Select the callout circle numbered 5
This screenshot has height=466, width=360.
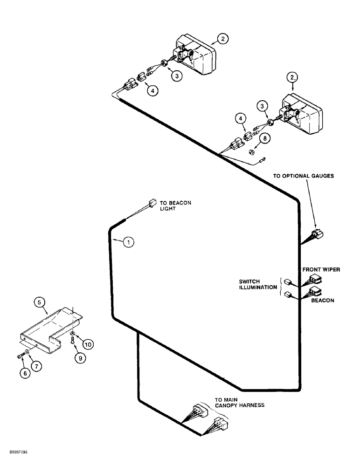pyautogui.click(x=41, y=303)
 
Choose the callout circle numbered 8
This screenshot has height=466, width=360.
pyautogui.click(x=265, y=139)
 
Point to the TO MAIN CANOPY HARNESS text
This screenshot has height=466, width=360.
pyautogui.click(x=239, y=402)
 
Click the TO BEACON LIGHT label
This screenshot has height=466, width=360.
pyautogui.click(x=175, y=206)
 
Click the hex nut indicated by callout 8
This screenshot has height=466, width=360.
pyautogui.click(x=251, y=151)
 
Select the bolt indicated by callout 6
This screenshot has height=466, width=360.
pyautogui.click(x=20, y=357)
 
